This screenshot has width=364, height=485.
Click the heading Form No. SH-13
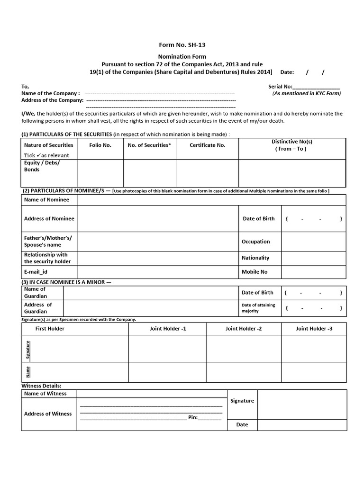pos(182,45)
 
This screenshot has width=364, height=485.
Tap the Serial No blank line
pos(316,87)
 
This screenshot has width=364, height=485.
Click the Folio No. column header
pos(100,145)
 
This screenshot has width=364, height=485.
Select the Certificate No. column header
pos(208,145)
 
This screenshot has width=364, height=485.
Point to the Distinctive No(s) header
pos(291,145)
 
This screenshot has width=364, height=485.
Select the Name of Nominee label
pos(46,199)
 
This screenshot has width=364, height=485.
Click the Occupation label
pos(255,242)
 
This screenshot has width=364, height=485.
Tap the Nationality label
pos(255,258)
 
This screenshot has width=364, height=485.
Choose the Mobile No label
pos(255,272)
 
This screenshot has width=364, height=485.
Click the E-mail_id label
pos(36,272)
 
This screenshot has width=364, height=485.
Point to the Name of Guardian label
pos(36,292)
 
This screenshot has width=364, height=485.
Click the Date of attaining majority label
pos(258,308)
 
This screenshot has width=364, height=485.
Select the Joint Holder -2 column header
pos(244,328)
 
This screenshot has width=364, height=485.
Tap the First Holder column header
pos(50,328)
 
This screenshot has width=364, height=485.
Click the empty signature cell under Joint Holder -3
pos(314,348)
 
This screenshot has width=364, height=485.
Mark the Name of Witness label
pos(45,394)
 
